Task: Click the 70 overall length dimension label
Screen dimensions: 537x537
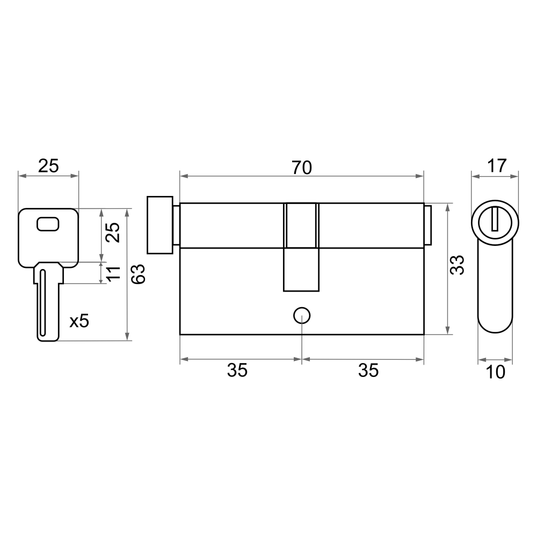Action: coord(302,168)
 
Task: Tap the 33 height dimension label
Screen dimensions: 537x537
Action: coord(457,265)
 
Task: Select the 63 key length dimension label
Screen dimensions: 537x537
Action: coord(139,274)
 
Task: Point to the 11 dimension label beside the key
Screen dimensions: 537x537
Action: coord(114,273)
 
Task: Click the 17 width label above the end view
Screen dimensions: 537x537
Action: coord(497,166)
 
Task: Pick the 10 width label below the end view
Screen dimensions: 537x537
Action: coord(495,372)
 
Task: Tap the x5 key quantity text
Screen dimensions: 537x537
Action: coord(79,321)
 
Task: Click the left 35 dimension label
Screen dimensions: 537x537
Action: coord(237,371)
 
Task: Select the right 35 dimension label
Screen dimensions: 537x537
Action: coord(368,371)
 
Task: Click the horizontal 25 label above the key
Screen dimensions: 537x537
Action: coord(48,166)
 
